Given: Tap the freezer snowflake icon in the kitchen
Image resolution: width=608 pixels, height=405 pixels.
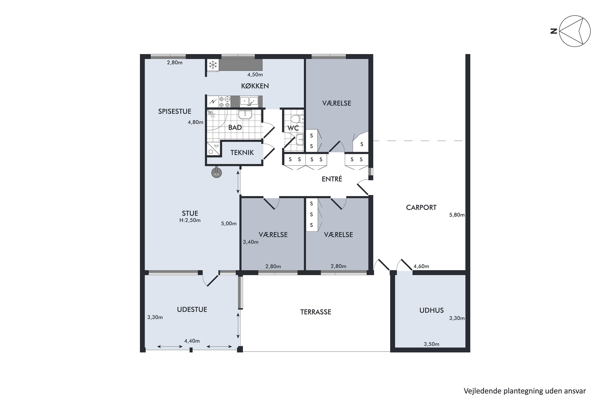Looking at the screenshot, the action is [x=213, y=65].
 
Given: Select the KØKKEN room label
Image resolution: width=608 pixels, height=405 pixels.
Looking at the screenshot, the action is [x=255, y=86].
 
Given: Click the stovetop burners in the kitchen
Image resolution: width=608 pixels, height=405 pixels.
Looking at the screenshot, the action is [x=224, y=101].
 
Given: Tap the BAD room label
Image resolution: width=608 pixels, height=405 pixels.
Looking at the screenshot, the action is [x=235, y=127].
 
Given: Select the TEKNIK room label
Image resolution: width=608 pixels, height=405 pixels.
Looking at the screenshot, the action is [x=242, y=153].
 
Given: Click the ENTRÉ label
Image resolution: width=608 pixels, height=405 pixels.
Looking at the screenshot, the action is [x=332, y=179].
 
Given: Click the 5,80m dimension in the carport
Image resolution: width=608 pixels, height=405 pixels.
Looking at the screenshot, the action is [x=457, y=215].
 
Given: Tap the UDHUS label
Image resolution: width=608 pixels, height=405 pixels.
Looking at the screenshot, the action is [x=431, y=310].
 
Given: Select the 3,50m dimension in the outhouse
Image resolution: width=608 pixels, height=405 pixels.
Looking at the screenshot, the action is [x=431, y=344].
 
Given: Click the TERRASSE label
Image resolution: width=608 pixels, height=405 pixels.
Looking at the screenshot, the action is [x=316, y=312].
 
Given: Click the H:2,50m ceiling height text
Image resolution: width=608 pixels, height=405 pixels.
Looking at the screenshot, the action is [x=190, y=220].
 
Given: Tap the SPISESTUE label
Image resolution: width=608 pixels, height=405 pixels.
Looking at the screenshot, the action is [x=175, y=111].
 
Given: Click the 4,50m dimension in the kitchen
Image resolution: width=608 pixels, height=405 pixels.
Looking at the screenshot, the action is [x=255, y=75].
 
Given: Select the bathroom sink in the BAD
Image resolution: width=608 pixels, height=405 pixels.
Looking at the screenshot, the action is [x=245, y=114].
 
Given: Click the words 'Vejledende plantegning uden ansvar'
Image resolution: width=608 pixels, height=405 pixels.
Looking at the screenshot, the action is [x=525, y=391].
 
